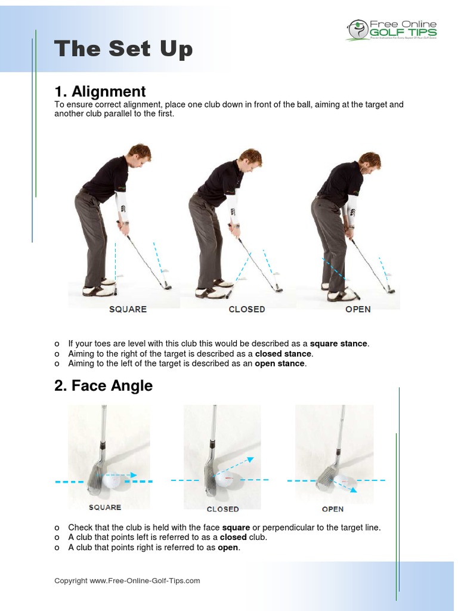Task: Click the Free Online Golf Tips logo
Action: click(392, 29)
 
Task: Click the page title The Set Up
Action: click(123, 50)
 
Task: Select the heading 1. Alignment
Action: click(100, 91)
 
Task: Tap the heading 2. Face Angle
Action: click(103, 386)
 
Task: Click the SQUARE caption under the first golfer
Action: click(128, 309)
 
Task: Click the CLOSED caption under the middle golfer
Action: click(247, 309)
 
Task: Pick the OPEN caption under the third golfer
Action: click(358, 309)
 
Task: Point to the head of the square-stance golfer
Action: click(140, 153)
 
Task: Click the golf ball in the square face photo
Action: click(113, 480)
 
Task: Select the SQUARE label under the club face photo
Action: click(105, 507)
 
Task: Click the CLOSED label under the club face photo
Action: click(222, 509)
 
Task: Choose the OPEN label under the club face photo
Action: click(333, 509)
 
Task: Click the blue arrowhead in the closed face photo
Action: click(250, 459)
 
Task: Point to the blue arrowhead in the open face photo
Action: click(353, 490)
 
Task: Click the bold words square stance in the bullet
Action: click(339, 344)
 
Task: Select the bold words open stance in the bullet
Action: click(280, 363)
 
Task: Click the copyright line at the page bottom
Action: click(127, 581)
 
